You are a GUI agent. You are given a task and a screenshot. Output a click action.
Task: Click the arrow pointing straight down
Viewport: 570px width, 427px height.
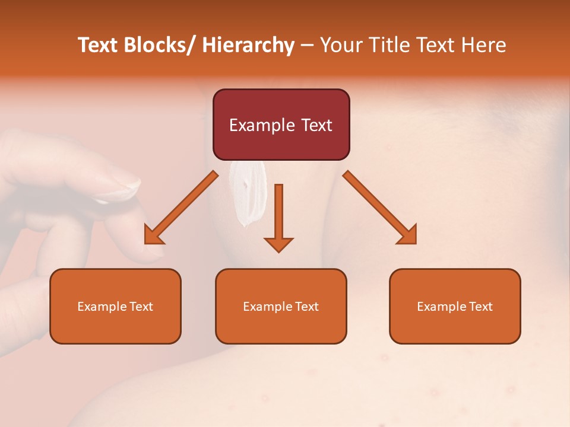278,219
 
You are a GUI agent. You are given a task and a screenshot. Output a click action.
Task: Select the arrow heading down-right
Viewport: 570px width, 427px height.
381,209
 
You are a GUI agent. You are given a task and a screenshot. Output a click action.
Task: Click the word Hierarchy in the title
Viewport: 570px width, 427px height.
248,46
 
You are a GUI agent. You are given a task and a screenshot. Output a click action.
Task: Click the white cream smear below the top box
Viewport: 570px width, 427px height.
248,193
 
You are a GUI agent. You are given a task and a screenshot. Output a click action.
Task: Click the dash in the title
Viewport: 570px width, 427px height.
307,46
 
